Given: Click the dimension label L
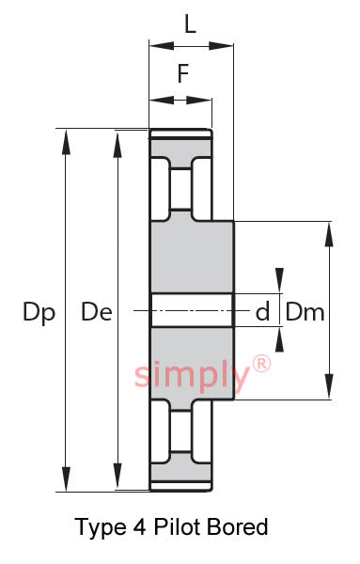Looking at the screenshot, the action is pyautogui.click(x=190, y=24).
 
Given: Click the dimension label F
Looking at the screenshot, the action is pyautogui.click(x=183, y=73).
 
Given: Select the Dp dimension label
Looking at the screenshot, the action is pyautogui.click(x=39, y=312).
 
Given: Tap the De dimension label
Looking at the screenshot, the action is pyautogui.click(x=97, y=312).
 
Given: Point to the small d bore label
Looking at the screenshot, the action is pyautogui.click(x=262, y=311).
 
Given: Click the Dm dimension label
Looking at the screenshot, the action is pyautogui.click(x=305, y=312).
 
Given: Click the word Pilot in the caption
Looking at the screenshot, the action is pyautogui.click(x=177, y=526).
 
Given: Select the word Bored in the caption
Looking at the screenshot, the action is pyautogui.click(x=238, y=526).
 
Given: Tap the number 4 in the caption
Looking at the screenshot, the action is pyautogui.click(x=140, y=527).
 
